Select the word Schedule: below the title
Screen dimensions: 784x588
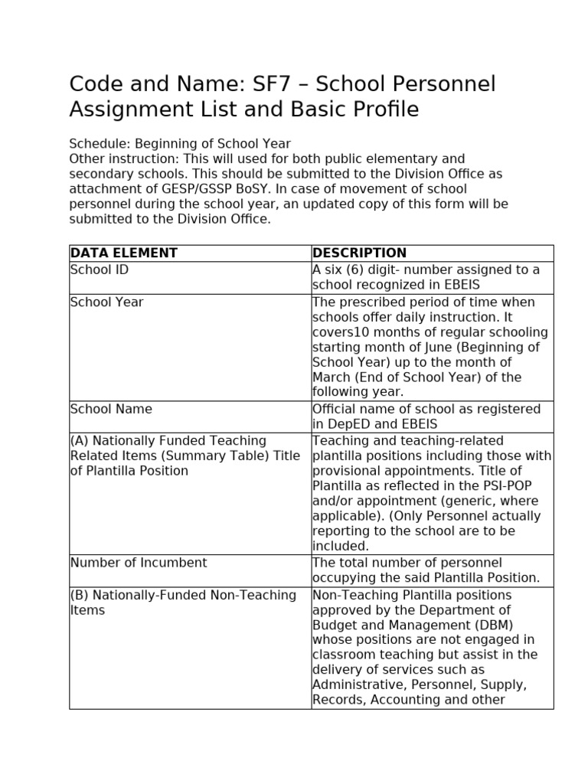[100, 144]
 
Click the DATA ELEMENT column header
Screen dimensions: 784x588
[124, 253]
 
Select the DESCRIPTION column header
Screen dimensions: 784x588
[360, 253]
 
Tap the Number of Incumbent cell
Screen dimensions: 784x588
[139, 563]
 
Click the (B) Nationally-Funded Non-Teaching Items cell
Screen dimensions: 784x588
[183, 603]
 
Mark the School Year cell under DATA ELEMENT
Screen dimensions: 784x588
[106, 302]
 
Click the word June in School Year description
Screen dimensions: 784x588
[444, 348]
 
